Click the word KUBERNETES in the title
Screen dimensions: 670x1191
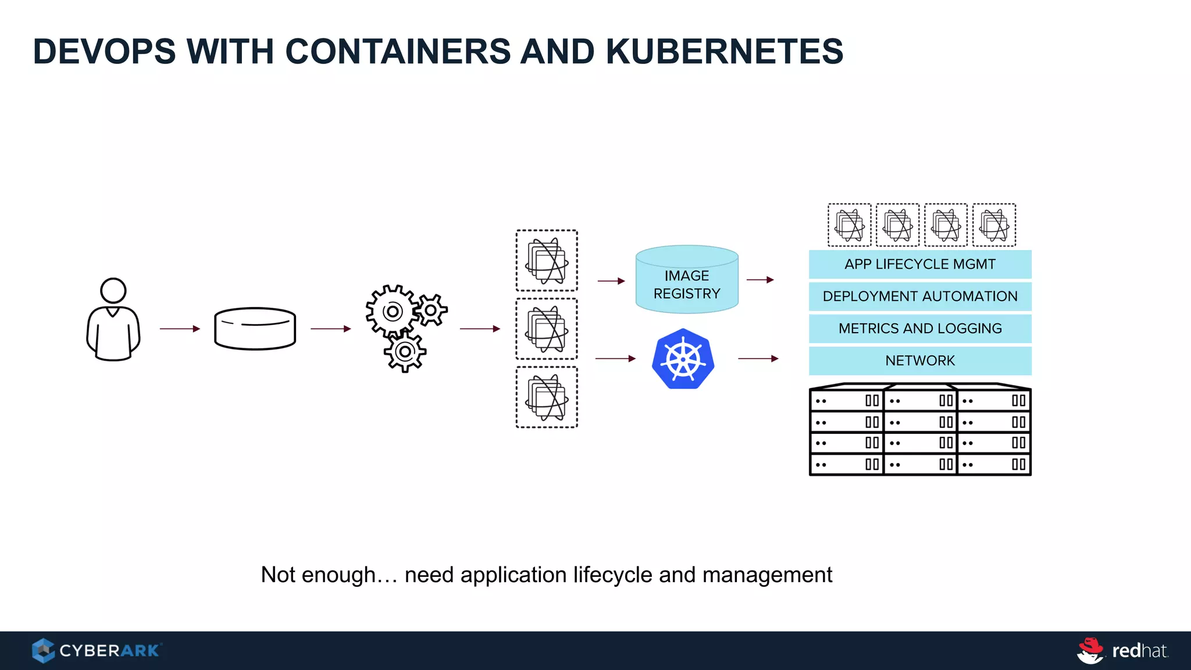(724, 51)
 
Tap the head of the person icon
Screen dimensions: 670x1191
(113, 290)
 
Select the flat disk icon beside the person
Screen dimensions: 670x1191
(255, 329)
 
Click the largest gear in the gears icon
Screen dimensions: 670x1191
(392, 311)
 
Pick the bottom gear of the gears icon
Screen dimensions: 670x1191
(405, 352)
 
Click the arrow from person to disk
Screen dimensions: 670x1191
(180, 329)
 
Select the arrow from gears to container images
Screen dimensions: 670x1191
(480, 329)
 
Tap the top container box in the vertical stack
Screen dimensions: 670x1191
(547, 261)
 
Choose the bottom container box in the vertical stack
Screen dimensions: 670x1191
(547, 397)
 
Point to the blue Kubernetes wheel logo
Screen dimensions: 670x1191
(683, 359)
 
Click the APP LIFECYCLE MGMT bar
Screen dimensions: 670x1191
(920, 264)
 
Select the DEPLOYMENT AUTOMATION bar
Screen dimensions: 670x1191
(920, 296)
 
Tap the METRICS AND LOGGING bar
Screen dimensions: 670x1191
(920, 329)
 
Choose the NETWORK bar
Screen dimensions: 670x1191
(920, 361)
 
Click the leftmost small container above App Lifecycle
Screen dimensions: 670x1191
(850, 225)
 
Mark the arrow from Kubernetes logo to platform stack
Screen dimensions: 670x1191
(758, 359)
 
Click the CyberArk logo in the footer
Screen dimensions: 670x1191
(97, 650)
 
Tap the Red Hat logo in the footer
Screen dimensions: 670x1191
(1122, 650)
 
